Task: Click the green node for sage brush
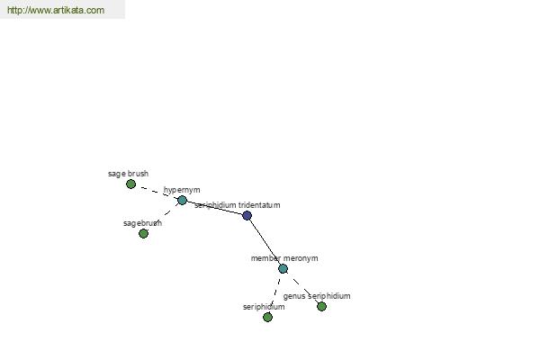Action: pyautogui.click(x=130, y=184)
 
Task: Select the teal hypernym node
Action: pyautogui.click(x=182, y=200)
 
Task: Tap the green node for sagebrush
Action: pyautogui.click(x=144, y=234)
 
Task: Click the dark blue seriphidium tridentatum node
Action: pyautogui.click(x=247, y=216)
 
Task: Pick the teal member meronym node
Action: pyautogui.click(x=283, y=269)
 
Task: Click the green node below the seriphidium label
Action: pyautogui.click(x=267, y=318)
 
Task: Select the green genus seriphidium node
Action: pyautogui.click(x=321, y=307)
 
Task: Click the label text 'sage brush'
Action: pyautogui.click(x=128, y=174)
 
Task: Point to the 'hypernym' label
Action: pyautogui.click(x=182, y=190)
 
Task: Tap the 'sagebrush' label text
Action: pyautogui.click(x=142, y=223)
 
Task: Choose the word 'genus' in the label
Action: pyautogui.click(x=294, y=297)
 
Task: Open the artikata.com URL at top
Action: pyautogui.click(x=56, y=10)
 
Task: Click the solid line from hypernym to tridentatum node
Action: pyautogui.click(x=214, y=208)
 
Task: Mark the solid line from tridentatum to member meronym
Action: pyautogui.click(x=265, y=242)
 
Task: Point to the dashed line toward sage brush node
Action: pyautogui.click(x=157, y=193)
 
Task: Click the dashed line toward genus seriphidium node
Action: pyautogui.click(x=302, y=288)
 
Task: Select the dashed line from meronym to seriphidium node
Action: pyautogui.click(x=275, y=292)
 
